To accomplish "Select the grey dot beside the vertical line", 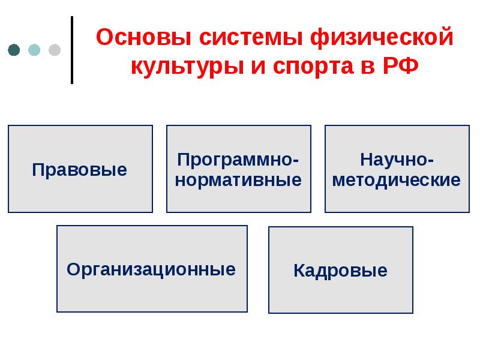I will pyautogui.click(x=54, y=50).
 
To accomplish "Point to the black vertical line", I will pyautogui.click(x=72, y=50).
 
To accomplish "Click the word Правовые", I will pyautogui.click(x=80, y=170).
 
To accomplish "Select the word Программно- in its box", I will pyautogui.click(x=238, y=160).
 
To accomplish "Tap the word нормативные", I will pyautogui.click(x=238, y=179).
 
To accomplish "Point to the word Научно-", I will pyautogui.click(x=397, y=160).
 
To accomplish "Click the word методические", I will pyautogui.click(x=397, y=179).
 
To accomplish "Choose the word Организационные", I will pyautogui.click(x=151, y=269).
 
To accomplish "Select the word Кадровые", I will pyautogui.click(x=340, y=271).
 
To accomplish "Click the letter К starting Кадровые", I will pyautogui.click(x=299, y=271).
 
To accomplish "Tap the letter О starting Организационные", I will pyautogui.click(x=73, y=269).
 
